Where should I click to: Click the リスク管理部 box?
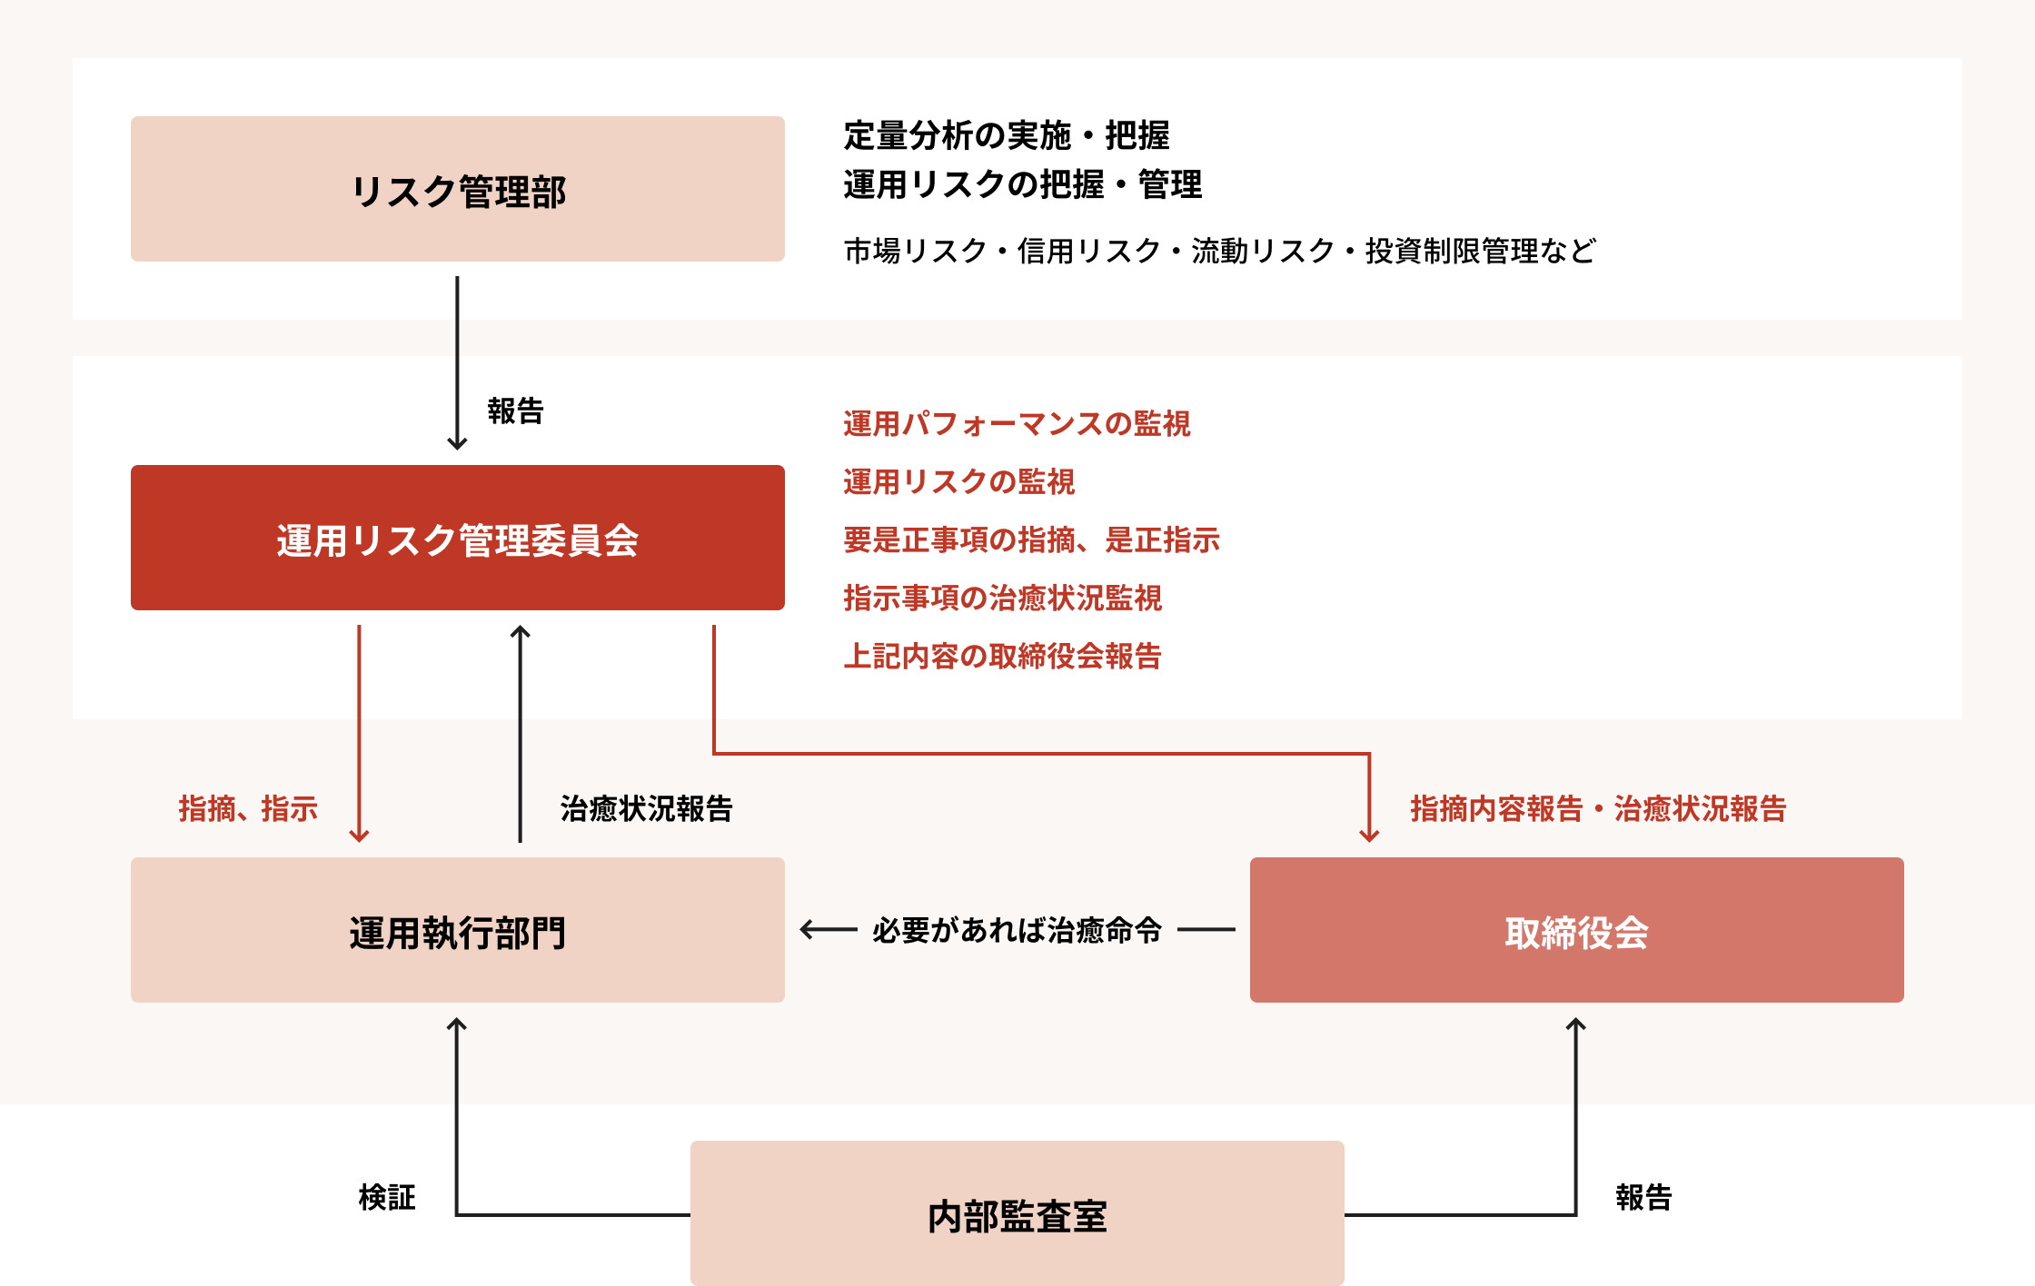[458, 189]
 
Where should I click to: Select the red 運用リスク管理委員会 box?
[458, 538]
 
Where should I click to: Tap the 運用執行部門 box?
[458, 930]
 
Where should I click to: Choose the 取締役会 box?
[1577, 930]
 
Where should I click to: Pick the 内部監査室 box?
[1017, 1213]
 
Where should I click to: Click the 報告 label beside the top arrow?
[515, 411]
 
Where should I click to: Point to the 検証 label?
[387, 1197]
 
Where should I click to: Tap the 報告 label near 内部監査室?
[1643, 1197]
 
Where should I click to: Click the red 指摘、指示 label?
[248, 808]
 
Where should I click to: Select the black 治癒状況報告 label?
[647, 808]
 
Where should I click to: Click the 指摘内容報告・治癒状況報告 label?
[1599, 808]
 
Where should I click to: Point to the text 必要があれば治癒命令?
[1017, 930]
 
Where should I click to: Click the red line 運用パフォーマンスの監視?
[1017, 423]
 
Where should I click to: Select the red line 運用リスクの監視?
[958, 481]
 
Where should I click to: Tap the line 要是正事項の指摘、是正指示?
[1031, 539]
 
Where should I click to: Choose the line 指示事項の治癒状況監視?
[1002, 598]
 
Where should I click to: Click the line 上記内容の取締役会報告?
[1002, 656]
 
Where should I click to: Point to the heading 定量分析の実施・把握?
[1007, 135]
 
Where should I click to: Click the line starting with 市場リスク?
[1219, 251]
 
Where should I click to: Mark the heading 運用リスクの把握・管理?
[1023, 184]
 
